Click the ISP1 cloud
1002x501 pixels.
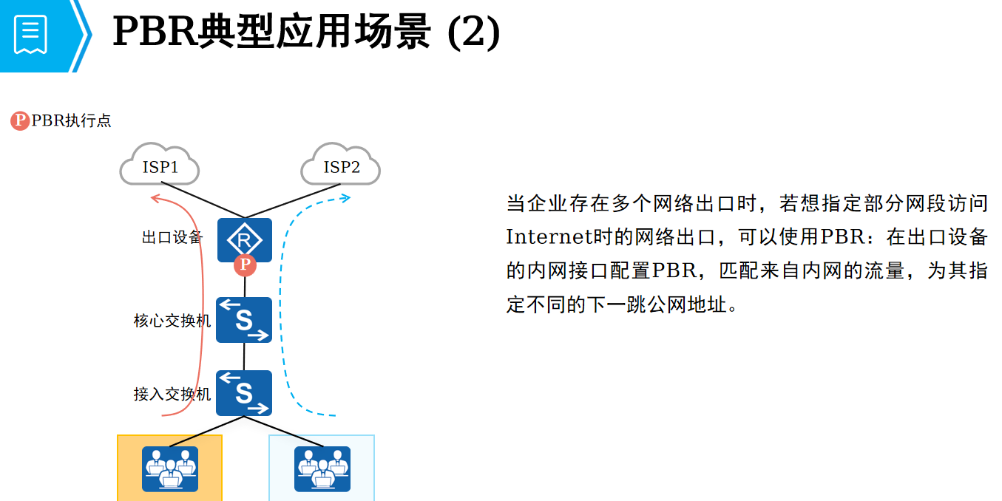(x=160, y=165)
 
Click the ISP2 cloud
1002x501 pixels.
(x=341, y=165)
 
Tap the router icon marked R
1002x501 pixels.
(x=244, y=239)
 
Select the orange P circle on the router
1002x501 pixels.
(x=245, y=265)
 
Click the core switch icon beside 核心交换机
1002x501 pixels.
(x=244, y=320)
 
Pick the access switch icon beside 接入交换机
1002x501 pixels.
(x=244, y=392)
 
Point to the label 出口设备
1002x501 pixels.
(x=172, y=237)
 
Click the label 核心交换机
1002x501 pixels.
(x=172, y=321)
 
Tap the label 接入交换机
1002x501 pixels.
(x=172, y=394)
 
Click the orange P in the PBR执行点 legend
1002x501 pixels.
(x=20, y=120)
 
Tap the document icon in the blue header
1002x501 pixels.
(x=31, y=33)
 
